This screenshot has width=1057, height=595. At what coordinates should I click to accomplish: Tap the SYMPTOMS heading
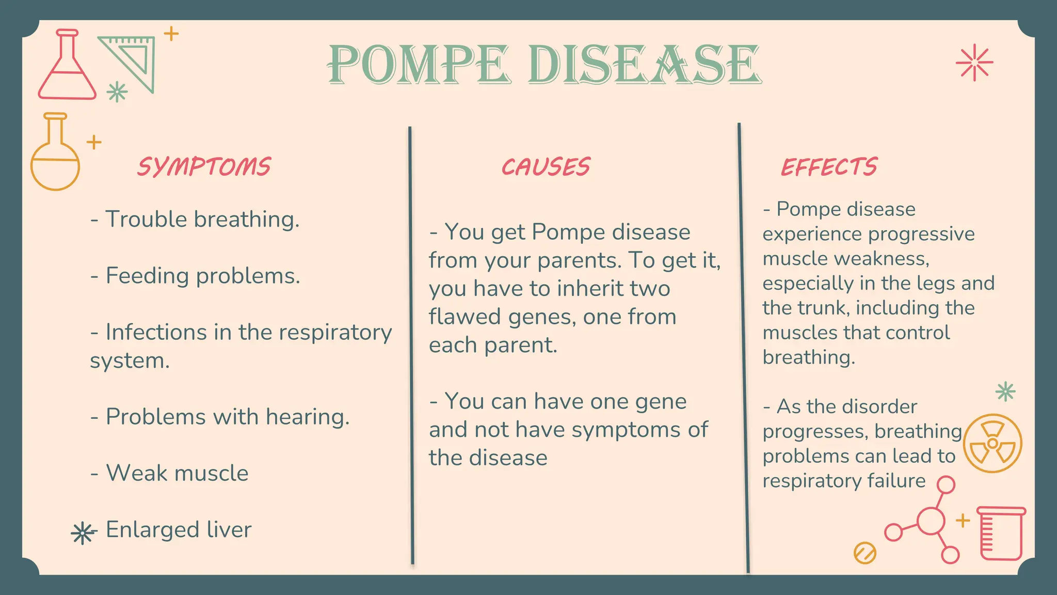click(x=204, y=167)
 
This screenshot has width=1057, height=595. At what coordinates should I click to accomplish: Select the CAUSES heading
click(x=546, y=167)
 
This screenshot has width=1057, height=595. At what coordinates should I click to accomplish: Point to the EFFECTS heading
click(x=829, y=167)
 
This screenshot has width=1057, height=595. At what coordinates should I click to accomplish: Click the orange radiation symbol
click(x=992, y=443)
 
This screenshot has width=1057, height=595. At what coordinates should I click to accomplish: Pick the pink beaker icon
click(x=1002, y=533)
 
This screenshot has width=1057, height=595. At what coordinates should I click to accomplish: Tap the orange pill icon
click(x=865, y=553)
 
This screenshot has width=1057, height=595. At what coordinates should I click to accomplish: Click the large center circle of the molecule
click(x=931, y=521)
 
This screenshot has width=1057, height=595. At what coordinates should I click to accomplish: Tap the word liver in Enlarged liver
click(x=229, y=529)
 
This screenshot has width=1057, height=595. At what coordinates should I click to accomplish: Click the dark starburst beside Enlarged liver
click(x=83, y=533)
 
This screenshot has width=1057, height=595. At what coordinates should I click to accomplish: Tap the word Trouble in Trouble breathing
click(x=146, y=219)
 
